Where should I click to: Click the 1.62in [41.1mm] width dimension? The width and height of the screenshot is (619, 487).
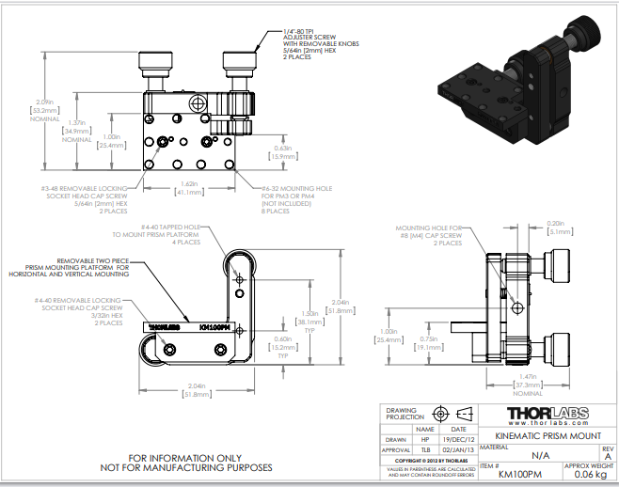coord(189,188)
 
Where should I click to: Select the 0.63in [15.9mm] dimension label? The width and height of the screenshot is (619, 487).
coord(283,152)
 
